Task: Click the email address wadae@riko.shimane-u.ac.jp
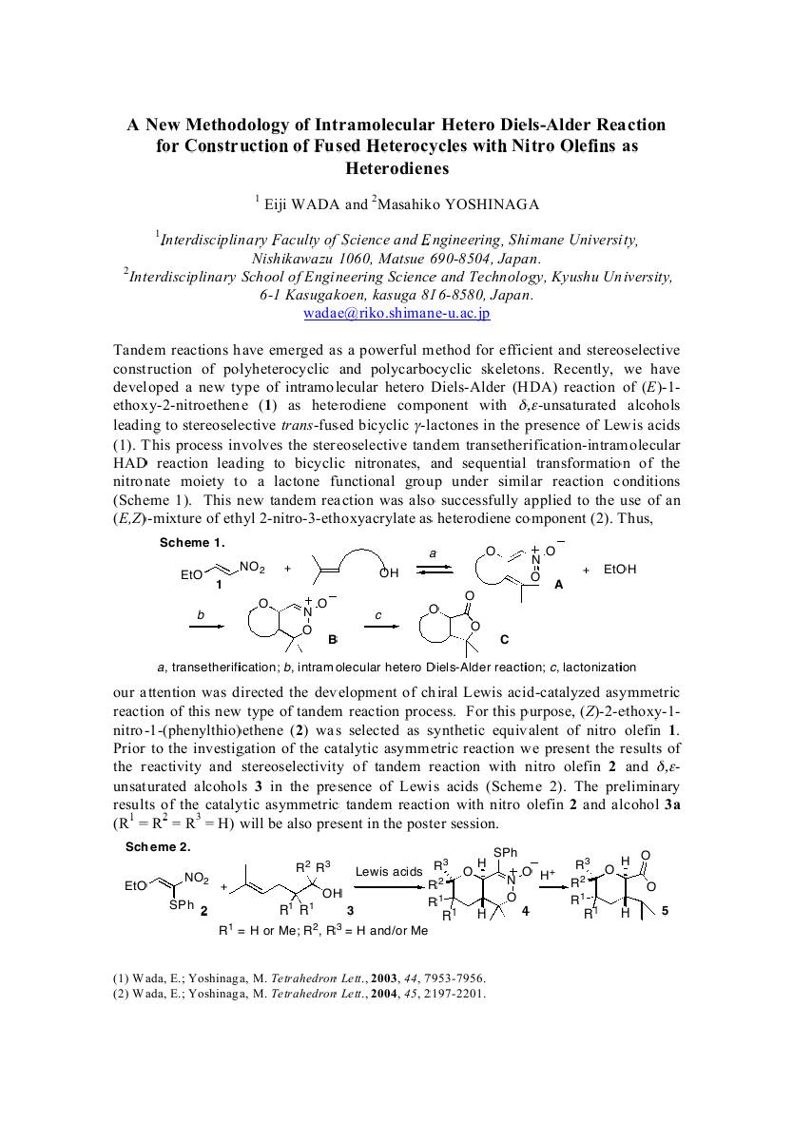click(396, 313)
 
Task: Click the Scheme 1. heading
click(191, 542)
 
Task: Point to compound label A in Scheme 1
click(558, 586)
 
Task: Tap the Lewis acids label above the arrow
click(389, 871)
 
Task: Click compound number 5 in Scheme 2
click(665, 911)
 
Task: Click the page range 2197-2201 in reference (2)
click(455, 994)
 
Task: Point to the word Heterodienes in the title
click(396, 168)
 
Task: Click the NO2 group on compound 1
click(252, 568)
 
